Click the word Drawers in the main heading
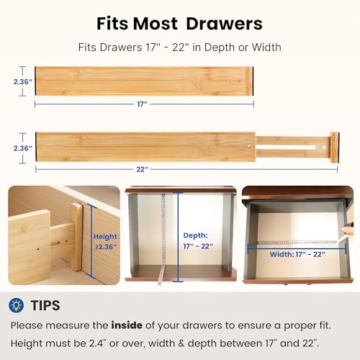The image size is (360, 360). [224, 24]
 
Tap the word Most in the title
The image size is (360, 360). [156, 24]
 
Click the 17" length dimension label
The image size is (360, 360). [142, 104]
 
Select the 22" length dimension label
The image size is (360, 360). [142, 169]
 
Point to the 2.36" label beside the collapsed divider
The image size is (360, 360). [23, 82]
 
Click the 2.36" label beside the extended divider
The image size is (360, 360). [23, 148]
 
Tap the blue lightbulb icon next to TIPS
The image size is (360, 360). [16, 305]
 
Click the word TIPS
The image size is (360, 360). [45, 305]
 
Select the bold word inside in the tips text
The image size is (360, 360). [127, 325]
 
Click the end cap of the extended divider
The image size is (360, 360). [334, 148]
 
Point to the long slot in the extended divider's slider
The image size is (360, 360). [287, 147]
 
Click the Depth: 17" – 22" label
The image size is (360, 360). [198, 240]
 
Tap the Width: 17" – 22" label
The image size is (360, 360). [297, 254]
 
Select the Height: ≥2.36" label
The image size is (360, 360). [106, 241]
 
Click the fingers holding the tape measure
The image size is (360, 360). [348, 230]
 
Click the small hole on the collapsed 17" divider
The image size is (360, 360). [239, 81]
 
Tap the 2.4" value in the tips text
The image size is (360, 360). [97, 343]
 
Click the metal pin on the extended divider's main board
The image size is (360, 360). [250, 146]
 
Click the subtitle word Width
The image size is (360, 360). [266, 48]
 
